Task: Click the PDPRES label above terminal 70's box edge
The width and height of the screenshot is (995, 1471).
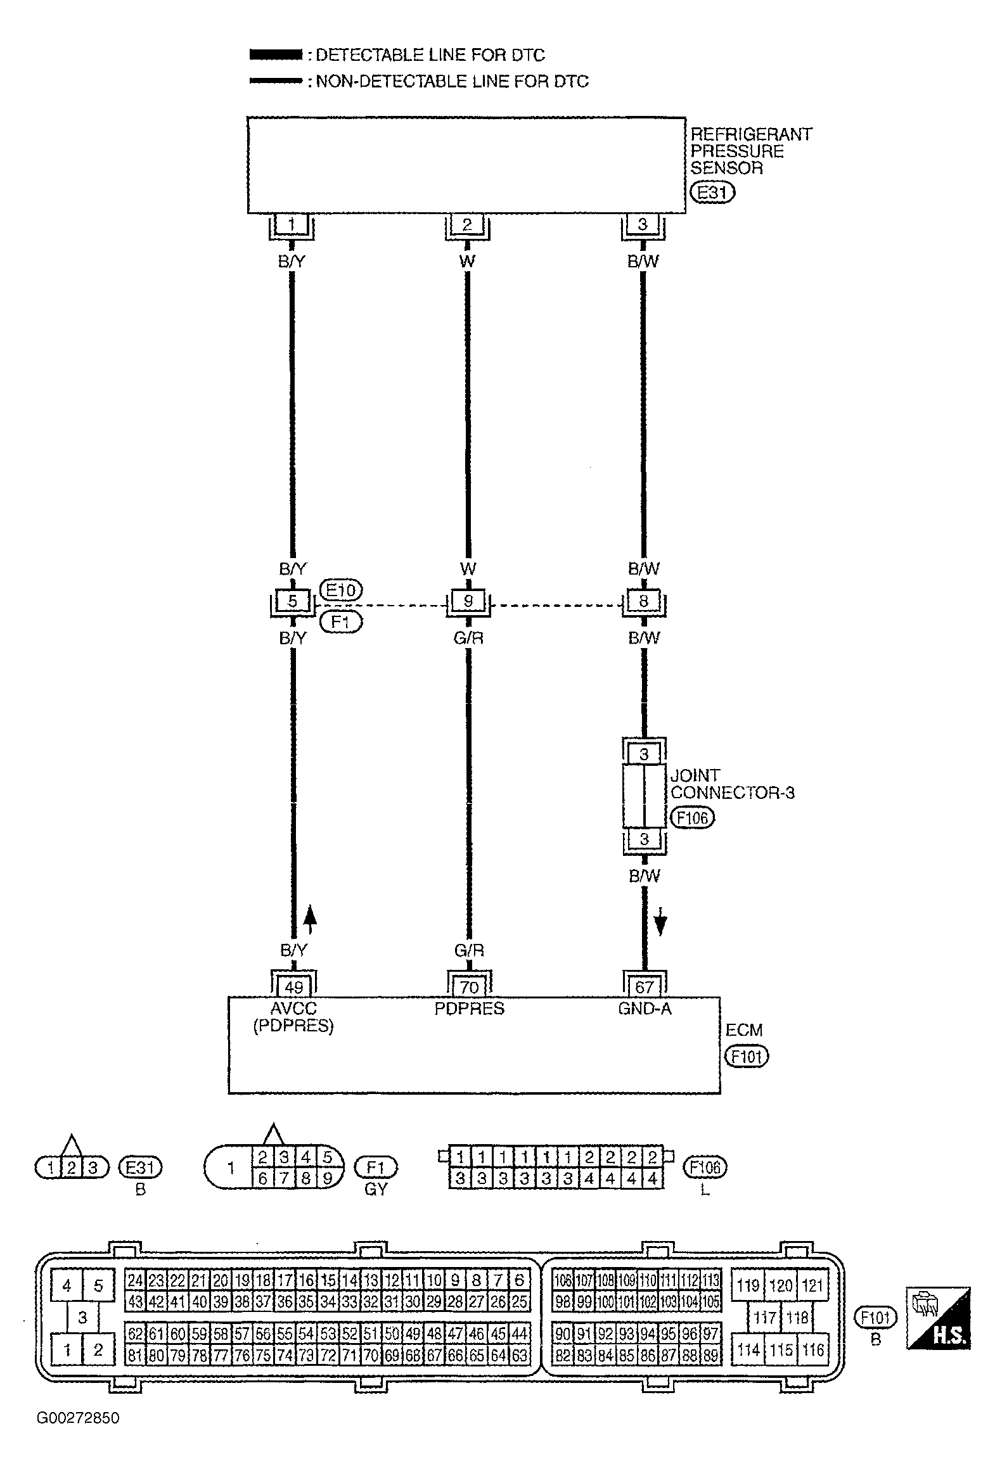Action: tap(469, 1008)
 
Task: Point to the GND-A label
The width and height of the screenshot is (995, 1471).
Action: tap(644, 1008)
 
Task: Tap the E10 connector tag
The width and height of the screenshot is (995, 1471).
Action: tap(341, 590)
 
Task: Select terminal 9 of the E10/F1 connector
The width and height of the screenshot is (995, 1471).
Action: tap(468, 601)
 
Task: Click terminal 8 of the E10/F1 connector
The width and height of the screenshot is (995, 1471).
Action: tap(643, 601)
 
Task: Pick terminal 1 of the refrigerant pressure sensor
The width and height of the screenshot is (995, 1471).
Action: tap(292, 224)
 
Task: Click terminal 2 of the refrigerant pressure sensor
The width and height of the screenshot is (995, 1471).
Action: tap(467, 224)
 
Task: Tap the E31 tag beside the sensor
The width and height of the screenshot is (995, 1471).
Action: tap(712, 192)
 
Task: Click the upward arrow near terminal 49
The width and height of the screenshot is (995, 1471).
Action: tap(310, 920)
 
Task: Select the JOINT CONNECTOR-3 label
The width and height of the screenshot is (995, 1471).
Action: tap(732, 784)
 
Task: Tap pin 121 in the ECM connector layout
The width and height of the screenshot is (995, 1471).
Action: tap(812, 1285)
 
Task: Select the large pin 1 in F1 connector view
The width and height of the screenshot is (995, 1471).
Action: tap(231, 1168)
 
